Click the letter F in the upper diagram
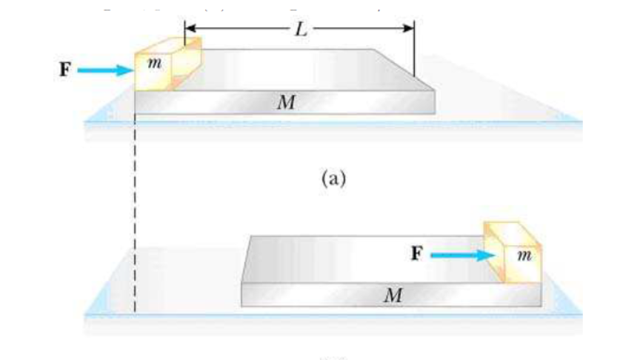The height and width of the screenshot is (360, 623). [67, 70]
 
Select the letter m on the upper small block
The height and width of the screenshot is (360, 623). [154, 66]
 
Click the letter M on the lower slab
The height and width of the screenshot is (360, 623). [393, 296]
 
